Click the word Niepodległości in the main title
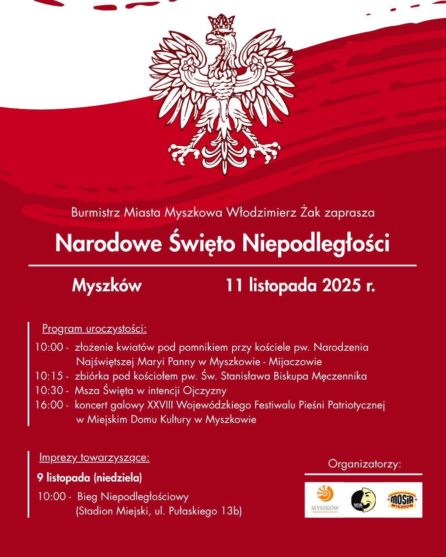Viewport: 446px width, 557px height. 316,243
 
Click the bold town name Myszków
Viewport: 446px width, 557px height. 107,286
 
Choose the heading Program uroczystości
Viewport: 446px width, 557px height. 94,329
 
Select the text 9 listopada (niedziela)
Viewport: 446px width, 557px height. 90,478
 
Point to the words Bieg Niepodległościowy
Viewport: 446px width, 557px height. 133,496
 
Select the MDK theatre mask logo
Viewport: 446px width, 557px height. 363,500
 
